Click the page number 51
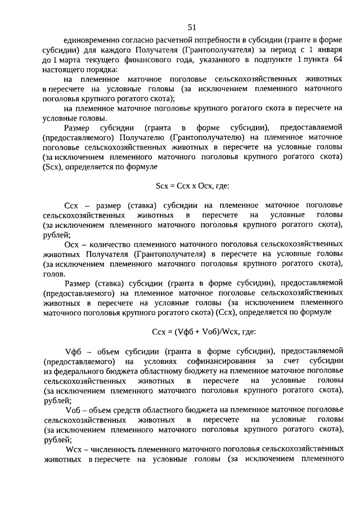tap(192, 27)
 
